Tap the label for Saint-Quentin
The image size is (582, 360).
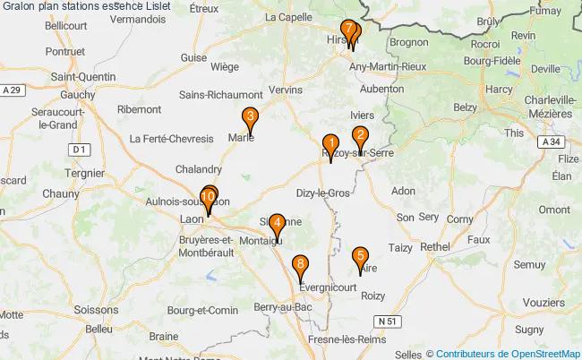point(82,77)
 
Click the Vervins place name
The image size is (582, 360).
point(287,90)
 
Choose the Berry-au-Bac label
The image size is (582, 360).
point(283,307)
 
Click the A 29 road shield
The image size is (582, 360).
point(11,90)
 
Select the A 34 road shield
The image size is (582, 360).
point(551,142)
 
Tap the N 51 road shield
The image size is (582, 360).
point(386,321)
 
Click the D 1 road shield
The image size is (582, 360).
point(81,149)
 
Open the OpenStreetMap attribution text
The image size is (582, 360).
point(508,354)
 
